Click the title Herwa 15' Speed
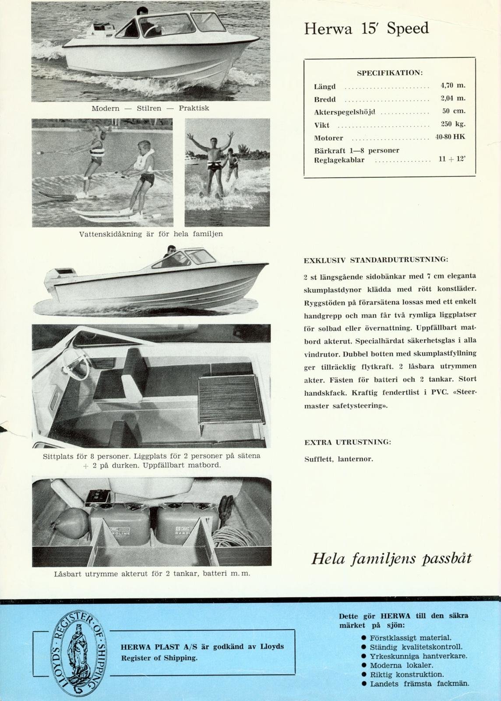point(366,29)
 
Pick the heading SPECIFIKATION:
point(389,72)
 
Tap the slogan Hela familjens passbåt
point(392,559)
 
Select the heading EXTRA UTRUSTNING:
point(347,442)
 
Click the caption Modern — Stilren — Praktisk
point(150,108)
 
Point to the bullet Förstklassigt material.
point(410,638)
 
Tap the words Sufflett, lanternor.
point(339,460)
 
